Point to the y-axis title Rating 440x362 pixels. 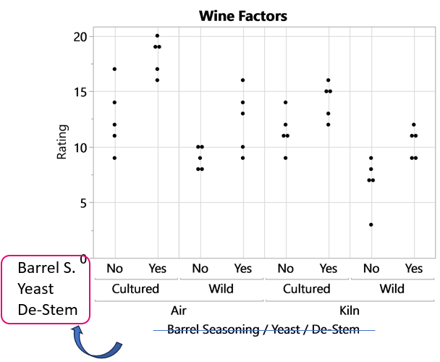(64, 140)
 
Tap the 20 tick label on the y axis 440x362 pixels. (80, 36)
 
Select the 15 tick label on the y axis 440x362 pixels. (80, 92)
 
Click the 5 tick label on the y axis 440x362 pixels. (83, 203)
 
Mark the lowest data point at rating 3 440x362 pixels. (371, 224)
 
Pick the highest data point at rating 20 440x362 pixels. (157, 35)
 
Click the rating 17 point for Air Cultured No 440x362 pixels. (114, 69)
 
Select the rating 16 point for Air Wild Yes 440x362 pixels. (243, 80)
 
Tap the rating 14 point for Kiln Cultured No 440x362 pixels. (286, 102)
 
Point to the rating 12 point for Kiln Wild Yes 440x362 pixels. (414, 125)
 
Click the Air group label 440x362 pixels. (179, 309)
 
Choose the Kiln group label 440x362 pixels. (350, 309)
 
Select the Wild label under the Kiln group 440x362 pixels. (393, 289)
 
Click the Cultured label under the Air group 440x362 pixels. (135, 289)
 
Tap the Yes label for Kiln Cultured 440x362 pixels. (329, 269)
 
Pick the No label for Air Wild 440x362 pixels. (200, 269)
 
